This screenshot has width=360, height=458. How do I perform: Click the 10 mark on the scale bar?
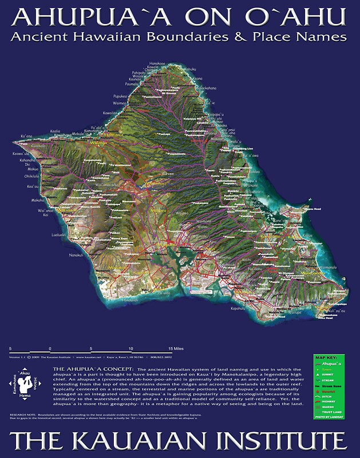132,349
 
